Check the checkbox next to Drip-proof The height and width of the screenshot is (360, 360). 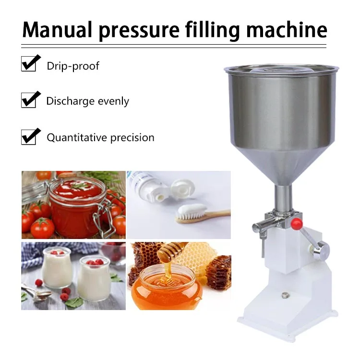29,63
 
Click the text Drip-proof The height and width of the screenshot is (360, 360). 73,66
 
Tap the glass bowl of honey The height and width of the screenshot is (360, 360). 166,288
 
